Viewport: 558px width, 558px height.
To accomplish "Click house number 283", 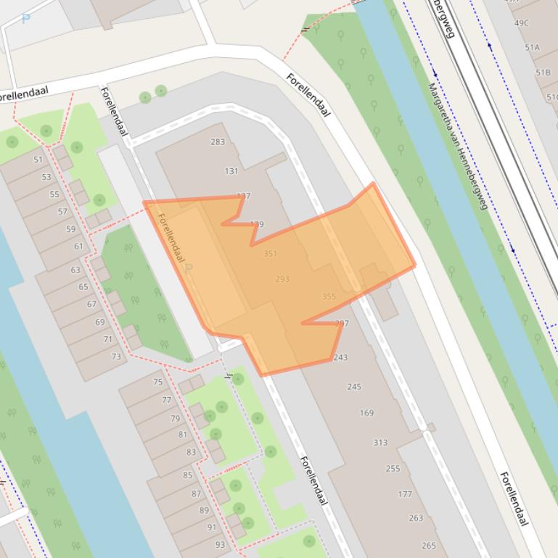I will pos(218,142).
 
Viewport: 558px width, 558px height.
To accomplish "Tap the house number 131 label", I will pos(231,171).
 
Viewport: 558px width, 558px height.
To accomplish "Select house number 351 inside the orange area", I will pos(270,254).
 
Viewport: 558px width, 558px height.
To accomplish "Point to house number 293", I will pos(282,279).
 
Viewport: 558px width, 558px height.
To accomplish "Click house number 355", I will pos(328,296).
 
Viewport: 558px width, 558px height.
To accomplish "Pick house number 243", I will pos(340,357).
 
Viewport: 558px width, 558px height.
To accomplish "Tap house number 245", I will pos(354,387).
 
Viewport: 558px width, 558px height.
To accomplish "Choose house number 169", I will pos(366,413).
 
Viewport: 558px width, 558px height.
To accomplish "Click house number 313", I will pos(380,443).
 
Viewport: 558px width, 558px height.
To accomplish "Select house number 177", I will pos(405,494).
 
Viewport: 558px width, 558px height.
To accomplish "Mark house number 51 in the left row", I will pos(38,160).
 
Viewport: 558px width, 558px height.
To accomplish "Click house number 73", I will pos(116,357).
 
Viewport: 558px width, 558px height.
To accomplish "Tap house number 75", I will pos(157,382).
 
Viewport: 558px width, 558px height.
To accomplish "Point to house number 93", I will pos(220,545).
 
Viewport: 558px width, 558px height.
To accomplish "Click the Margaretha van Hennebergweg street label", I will pos(456,146).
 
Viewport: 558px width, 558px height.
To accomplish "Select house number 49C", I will pos(522,23).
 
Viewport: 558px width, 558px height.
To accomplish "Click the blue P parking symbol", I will pos(26,20).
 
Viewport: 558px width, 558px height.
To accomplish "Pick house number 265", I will pos(428,546).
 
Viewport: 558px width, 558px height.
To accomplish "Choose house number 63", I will pos(75,270).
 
